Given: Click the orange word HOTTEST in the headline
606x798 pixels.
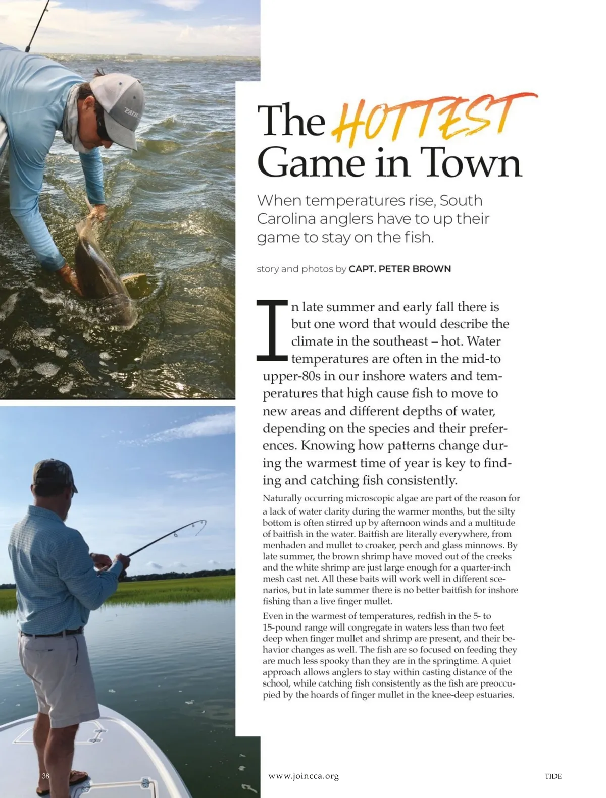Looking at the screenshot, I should (429, 121).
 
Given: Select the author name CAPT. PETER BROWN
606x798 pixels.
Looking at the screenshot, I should (399, 269).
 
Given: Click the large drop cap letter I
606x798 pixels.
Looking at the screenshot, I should (273, 330).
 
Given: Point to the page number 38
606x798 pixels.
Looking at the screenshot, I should (46, 776).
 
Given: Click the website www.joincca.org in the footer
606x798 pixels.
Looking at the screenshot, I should (304, 776).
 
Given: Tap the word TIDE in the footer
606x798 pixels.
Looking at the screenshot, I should (553, 776).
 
